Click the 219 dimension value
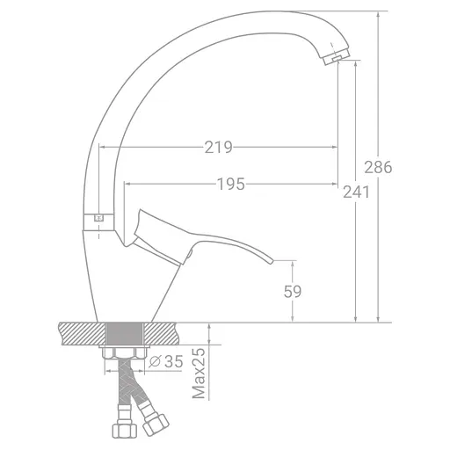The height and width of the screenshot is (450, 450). [x=218, y=148]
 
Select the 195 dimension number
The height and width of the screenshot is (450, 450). [x=231, y=185]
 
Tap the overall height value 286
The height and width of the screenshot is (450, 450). [x=378, y=168]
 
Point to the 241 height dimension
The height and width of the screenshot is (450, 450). [x=356, y=192]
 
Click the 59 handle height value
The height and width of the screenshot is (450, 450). [x=293, y=292]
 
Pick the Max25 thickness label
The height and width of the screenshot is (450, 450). [x=199, y=373]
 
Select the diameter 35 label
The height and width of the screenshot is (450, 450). [x=166, y=361]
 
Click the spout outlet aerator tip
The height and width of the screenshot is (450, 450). [x=336, y=57]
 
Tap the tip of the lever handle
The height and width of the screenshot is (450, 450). [x=272, y=261]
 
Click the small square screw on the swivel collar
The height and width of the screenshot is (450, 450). [x=98, y=218]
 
